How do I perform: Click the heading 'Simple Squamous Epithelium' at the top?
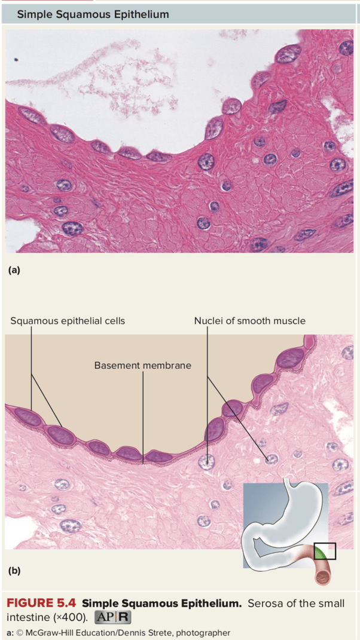[x=93, y=14]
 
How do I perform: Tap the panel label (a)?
[x=14, y=270]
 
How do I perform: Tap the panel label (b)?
[x=14, y=570]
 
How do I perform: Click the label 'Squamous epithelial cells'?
[x=68, y=321]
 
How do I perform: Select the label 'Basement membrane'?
[x=142, y=365]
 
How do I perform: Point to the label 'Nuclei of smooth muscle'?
[x=249, y=321]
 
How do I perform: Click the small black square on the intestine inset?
[x=325, y=551]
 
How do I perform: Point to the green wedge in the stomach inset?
[x=321, y=553]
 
